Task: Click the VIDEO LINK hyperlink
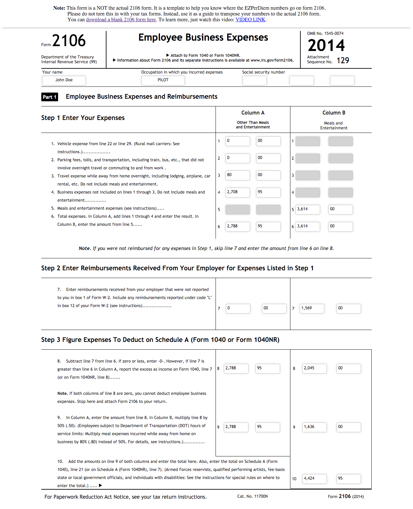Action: pos(250,20)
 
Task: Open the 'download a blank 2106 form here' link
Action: pos(121,20)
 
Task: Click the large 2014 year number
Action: pos(326,45)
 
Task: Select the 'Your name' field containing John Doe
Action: pos(64,80)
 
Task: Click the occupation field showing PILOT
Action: pos(163,80)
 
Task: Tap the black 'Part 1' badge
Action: pos(50,97)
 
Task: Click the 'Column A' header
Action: pos(253,113)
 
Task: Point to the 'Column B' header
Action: pos(334,113)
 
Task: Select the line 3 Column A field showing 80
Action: pos(237,175)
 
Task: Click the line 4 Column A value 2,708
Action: pos(237,192)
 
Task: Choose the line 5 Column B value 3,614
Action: pos(308,209)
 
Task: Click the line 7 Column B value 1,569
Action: pos(312,308)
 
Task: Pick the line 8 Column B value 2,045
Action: pos(314,368)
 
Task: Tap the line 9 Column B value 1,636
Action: pos(314,427)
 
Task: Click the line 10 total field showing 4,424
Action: pos(314,479)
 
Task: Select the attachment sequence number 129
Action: pos(343,61)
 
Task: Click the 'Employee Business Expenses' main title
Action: pos(203,37)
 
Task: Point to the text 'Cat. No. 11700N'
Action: pos(252,496)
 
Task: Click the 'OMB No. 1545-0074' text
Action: pos(325,34)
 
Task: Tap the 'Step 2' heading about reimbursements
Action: pos(177,268)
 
